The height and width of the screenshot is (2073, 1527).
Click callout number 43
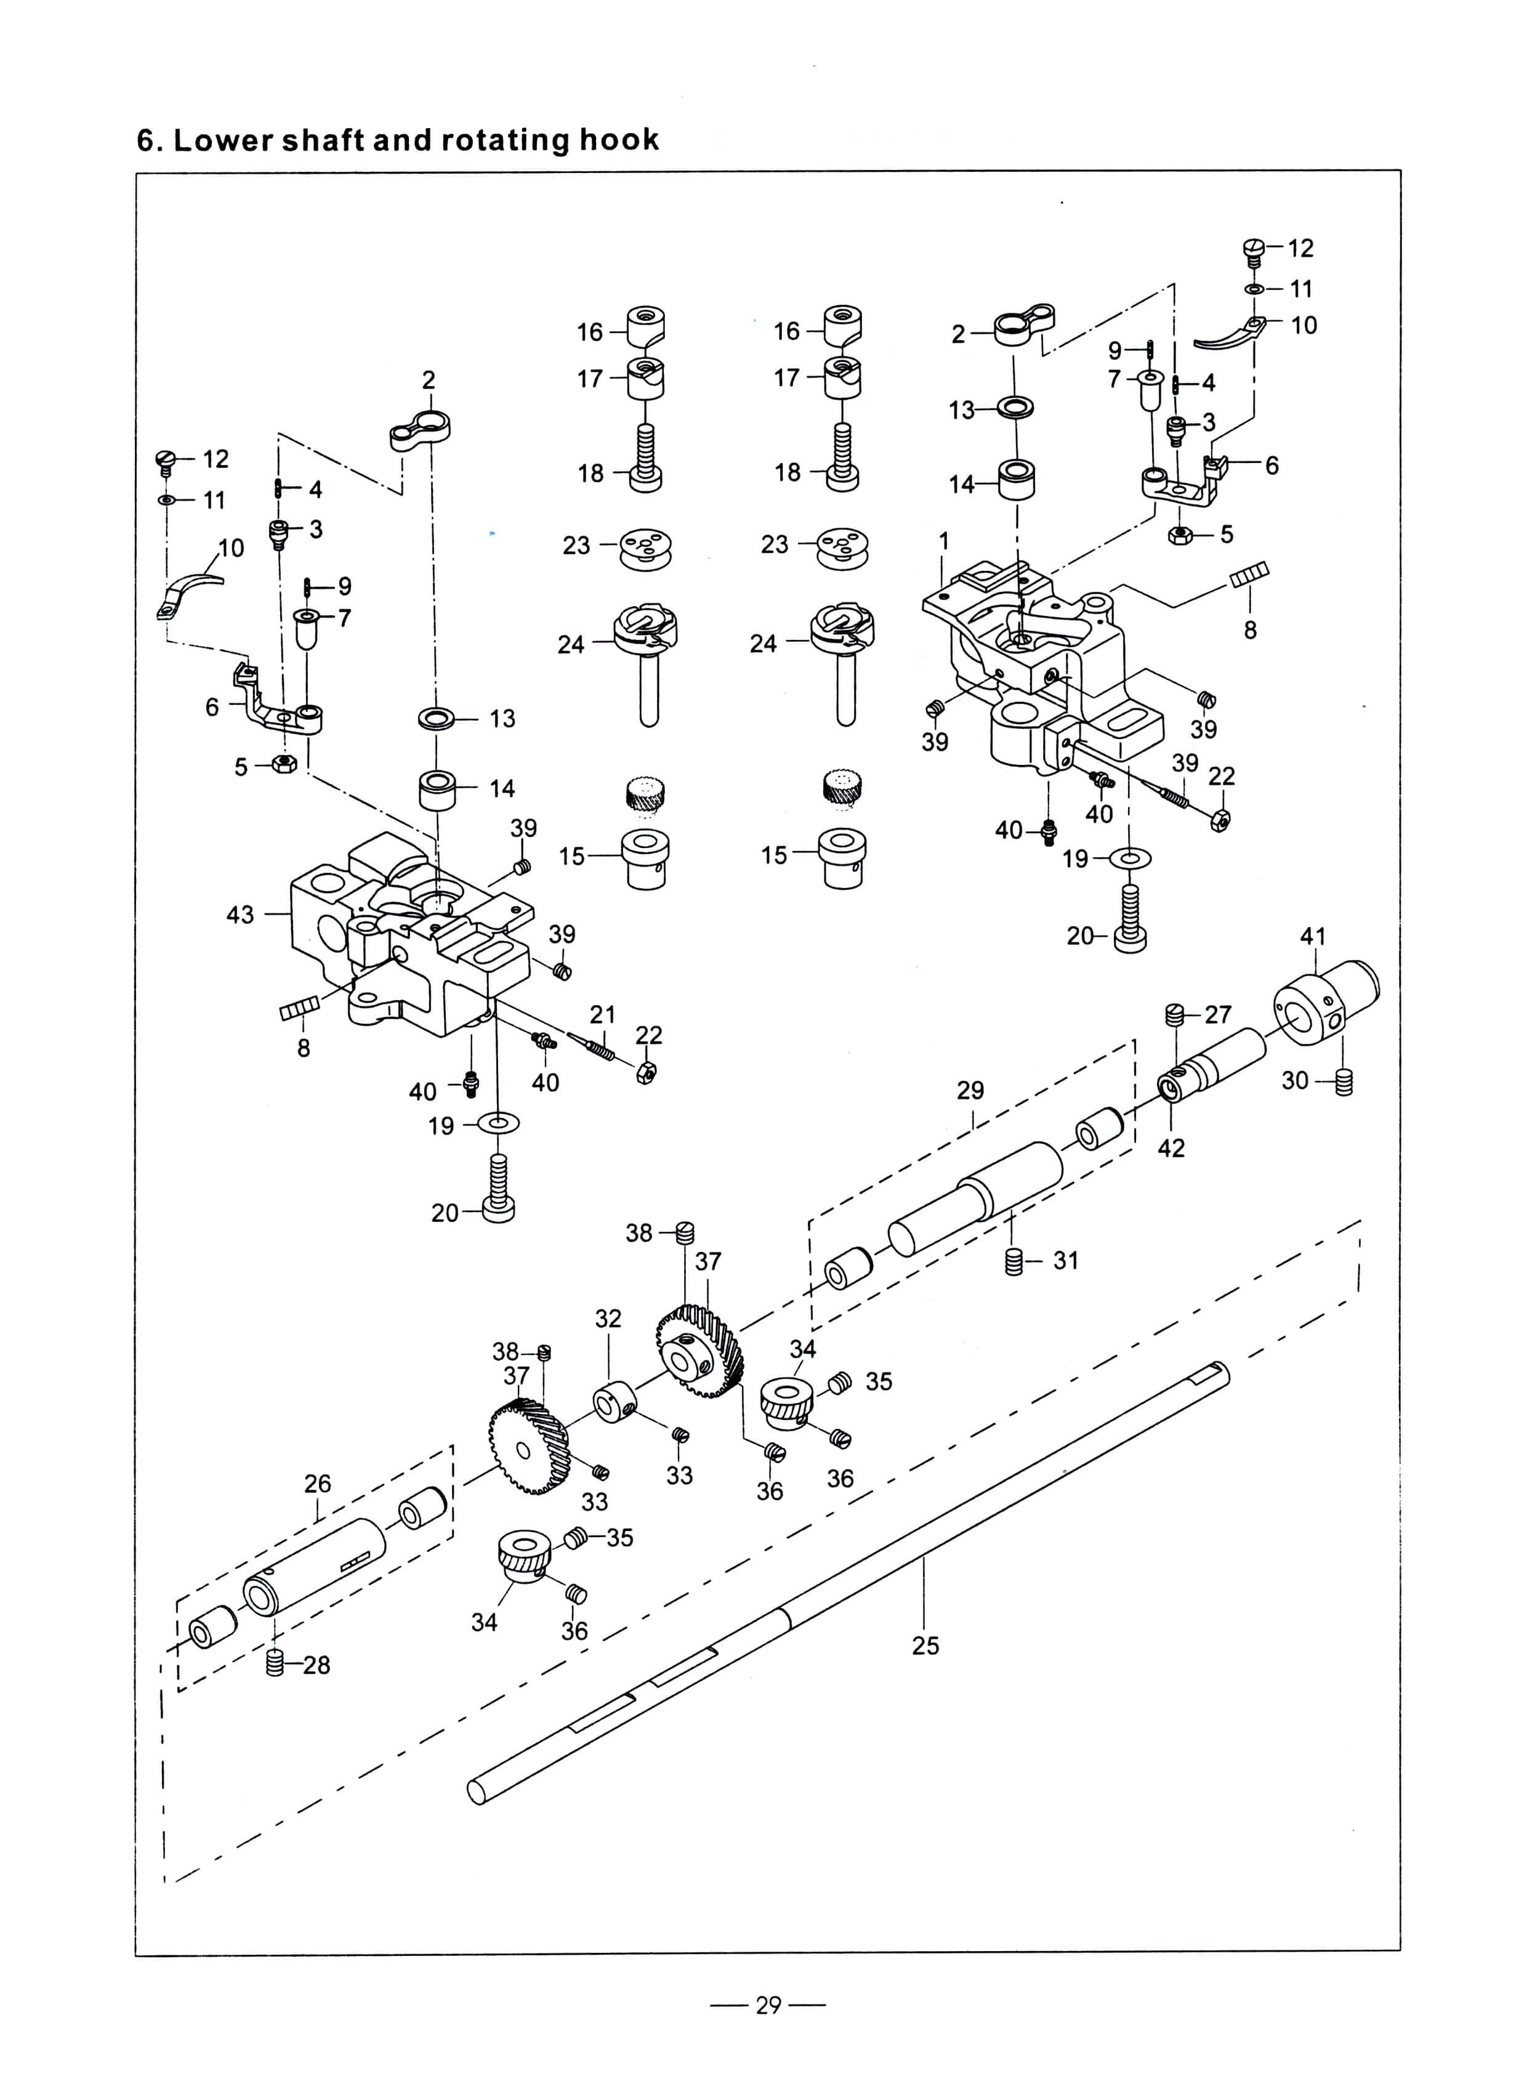[240, 915]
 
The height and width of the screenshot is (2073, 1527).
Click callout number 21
[603, 1014]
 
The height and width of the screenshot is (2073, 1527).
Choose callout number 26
[317, 1484]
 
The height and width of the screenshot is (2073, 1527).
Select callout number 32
[608, 1319]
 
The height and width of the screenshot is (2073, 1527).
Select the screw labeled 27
[1175, 1014]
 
